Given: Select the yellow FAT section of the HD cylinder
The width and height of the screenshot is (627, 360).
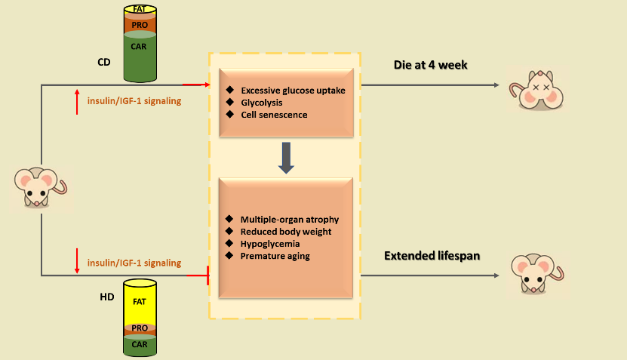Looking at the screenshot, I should (140, 301).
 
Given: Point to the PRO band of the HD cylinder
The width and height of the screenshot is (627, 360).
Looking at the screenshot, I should (140, 328).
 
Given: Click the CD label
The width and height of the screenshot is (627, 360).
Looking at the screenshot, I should (103, 61).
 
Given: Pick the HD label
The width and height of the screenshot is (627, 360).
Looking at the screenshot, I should (107, 297).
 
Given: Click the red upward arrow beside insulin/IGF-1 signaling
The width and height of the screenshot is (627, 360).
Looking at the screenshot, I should (77, 100).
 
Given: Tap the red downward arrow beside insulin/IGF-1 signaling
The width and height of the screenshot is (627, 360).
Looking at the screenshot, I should (77, 261).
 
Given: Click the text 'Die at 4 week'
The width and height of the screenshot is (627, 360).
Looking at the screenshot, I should (431, 65).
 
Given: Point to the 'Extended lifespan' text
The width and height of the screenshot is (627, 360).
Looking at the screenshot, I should (432, 256).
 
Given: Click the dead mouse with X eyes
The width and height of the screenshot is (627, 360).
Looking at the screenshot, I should (536, 90).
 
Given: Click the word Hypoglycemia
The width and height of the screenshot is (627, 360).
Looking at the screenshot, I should (269, 243).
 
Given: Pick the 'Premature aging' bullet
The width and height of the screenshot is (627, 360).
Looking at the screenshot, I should (275, 257).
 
